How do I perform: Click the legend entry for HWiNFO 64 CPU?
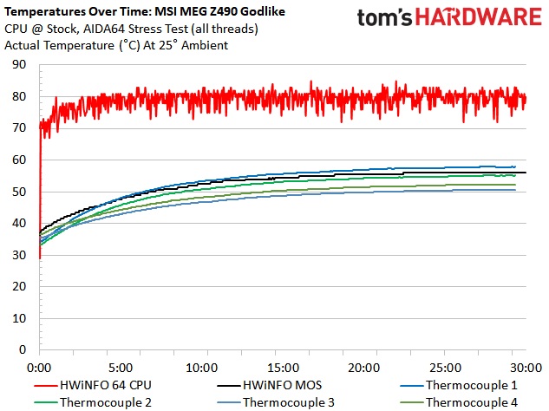click(104, 384)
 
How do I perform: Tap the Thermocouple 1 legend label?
click(468, 384)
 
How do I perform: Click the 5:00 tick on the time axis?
click(121, 366)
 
